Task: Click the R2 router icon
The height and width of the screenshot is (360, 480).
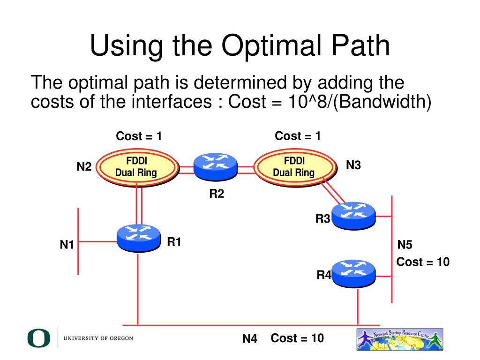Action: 216,167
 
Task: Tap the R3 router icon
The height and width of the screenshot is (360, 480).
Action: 353,216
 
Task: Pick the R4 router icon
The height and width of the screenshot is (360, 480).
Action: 353,273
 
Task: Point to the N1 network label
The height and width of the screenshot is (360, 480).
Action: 67,244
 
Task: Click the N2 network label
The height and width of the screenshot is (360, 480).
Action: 84,166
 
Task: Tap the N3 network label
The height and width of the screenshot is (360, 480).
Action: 353,165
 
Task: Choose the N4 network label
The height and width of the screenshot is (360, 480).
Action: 250,338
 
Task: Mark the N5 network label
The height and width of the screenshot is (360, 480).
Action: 405,245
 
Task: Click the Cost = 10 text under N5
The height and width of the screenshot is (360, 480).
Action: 423,262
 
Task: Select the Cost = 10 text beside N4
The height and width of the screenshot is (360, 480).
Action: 297,338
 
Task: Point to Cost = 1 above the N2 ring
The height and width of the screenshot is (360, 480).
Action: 139,136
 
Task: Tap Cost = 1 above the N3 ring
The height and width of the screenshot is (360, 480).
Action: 298,136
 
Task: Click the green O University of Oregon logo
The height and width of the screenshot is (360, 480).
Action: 38,338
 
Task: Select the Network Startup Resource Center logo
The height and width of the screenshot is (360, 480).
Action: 400,339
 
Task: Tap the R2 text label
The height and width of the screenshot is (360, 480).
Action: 217,193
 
